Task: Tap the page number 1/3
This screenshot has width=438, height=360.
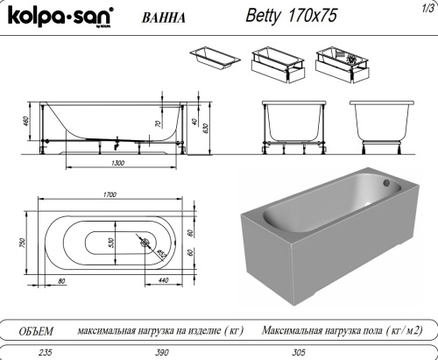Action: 427,7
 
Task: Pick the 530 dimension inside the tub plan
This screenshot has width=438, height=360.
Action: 111,243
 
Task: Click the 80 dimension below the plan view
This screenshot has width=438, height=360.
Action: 61,280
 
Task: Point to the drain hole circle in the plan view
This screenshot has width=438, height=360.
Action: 144,243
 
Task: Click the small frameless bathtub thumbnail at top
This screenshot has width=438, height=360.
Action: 213,57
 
